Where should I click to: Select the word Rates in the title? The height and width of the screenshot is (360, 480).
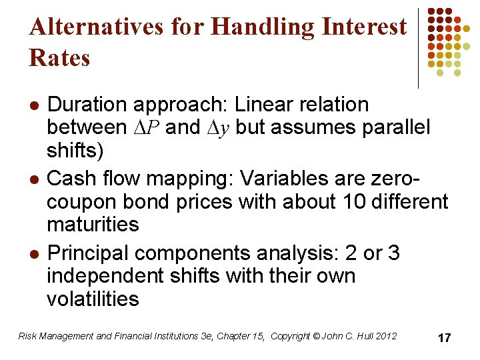coord(59,58)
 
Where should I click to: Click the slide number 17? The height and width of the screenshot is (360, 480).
coord(444,338)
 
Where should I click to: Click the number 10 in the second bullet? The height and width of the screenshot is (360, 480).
coord(336,201)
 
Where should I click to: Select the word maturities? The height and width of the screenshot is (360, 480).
coord(93,224)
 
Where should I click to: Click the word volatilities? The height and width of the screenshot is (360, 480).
coord(93,299)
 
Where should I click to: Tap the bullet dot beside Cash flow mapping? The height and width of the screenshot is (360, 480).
coord(34,179)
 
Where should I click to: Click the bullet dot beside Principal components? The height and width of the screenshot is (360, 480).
coord(34,254)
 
